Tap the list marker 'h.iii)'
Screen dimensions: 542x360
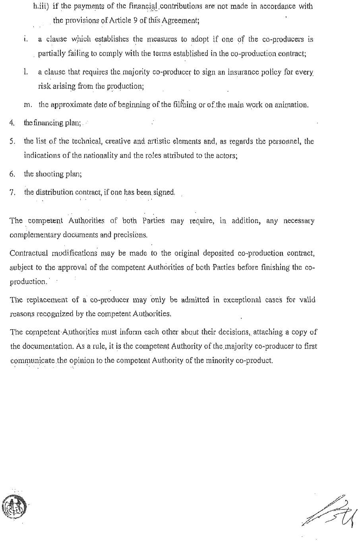pos(41,6)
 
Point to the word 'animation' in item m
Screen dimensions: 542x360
pos(293,105)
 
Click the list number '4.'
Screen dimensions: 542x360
pos(12,123)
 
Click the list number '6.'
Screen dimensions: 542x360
pos(12,174)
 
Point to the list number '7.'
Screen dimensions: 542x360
pos(12,192)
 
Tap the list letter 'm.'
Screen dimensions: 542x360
pos(28,105)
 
